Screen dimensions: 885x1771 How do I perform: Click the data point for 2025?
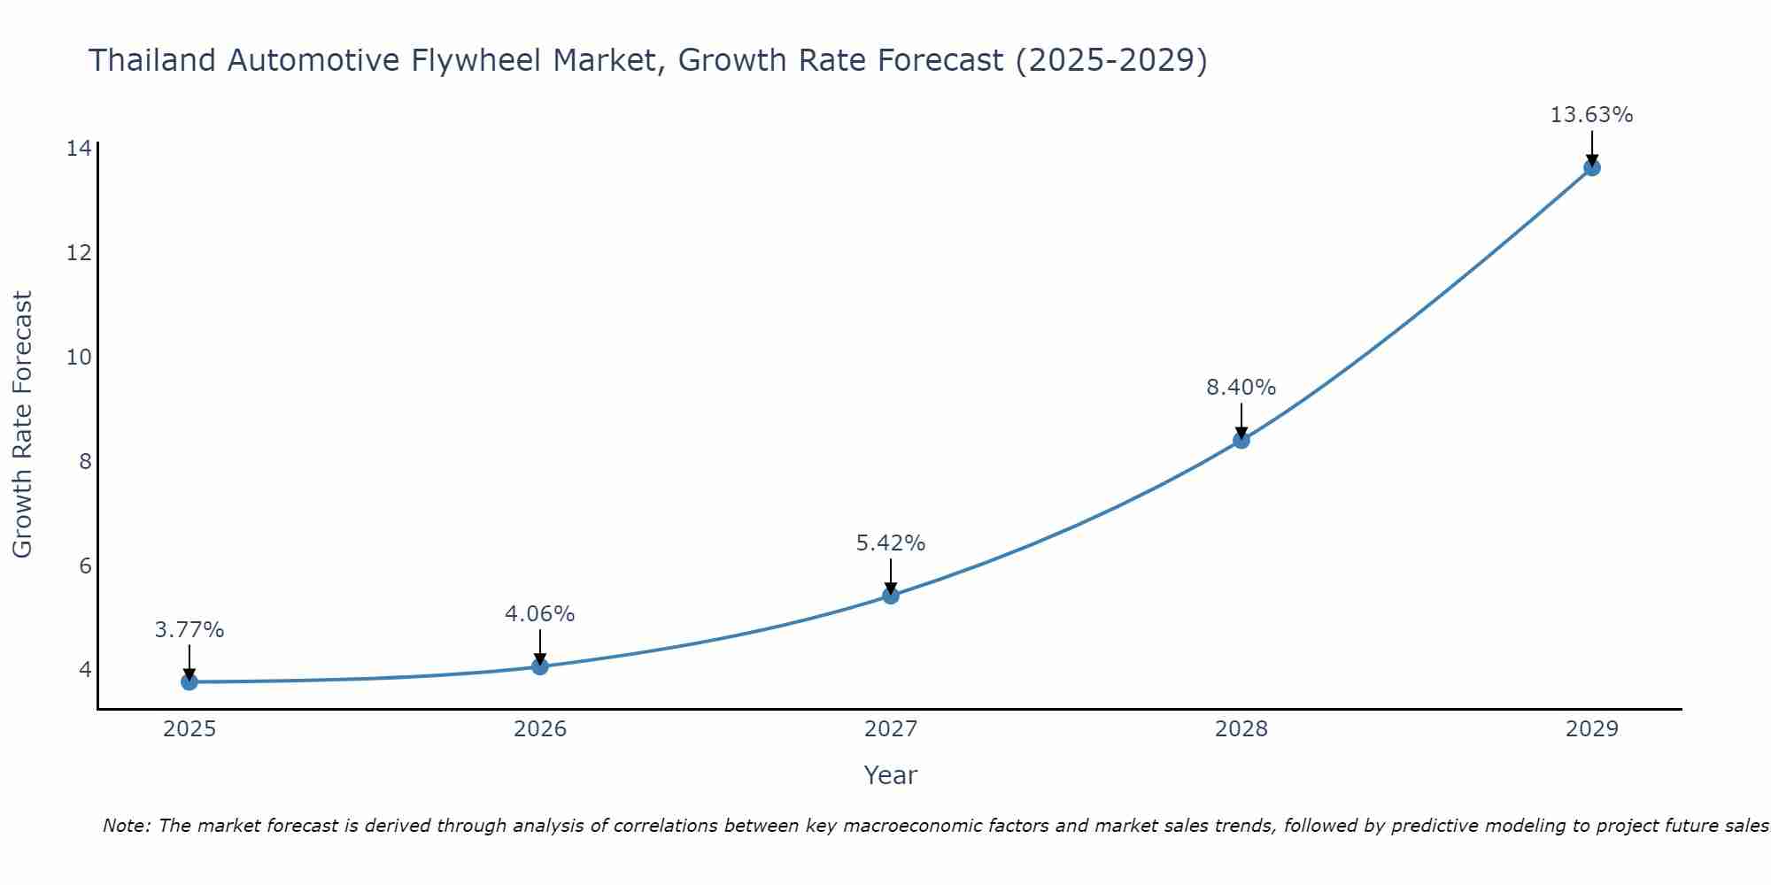point(189,681)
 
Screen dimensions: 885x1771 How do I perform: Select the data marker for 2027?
point(891,596)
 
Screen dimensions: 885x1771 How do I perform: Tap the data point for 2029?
point(1591,167)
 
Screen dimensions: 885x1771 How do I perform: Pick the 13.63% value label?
point(1591,115)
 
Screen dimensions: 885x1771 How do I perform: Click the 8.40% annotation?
point(1241,388)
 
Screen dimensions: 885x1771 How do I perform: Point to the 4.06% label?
point(539,613)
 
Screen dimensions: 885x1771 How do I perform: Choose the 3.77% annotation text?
point(189,630)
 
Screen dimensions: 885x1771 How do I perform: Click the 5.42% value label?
point(890,543)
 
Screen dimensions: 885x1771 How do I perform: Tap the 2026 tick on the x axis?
point(540,729)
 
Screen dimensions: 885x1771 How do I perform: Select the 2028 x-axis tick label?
point(1241,729)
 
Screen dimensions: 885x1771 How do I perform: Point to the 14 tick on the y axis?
point(79,148)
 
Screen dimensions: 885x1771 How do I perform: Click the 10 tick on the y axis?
point(79,357)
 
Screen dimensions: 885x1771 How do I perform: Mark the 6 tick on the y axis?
point(85,566)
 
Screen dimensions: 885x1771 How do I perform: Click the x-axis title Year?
point(890,775)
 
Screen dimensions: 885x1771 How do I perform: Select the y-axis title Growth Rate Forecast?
point(22,425)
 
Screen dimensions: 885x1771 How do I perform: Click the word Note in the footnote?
point(125,826)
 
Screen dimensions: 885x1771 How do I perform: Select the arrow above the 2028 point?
point(1241,419)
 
